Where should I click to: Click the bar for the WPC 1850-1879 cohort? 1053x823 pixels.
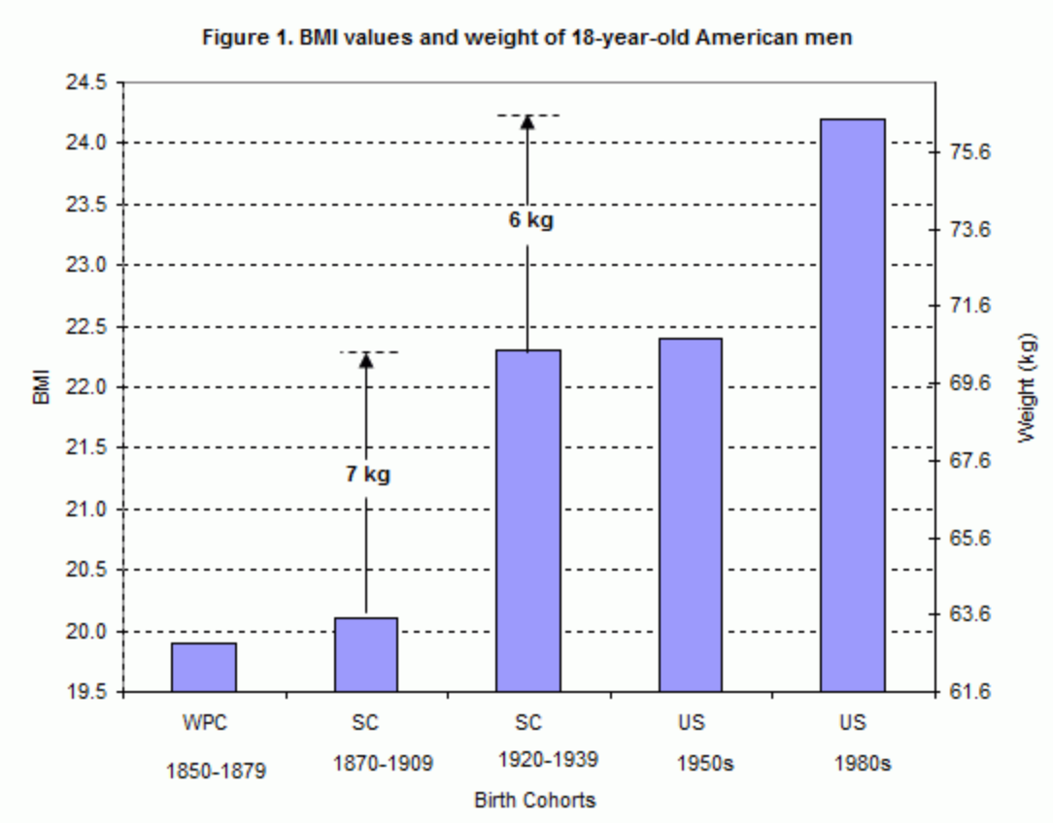coord(204,668)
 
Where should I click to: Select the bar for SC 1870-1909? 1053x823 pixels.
coord(366,655)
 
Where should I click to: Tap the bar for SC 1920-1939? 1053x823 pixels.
coord(528,521)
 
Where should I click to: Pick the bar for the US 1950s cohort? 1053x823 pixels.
coord(690,515)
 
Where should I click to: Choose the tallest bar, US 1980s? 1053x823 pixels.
coord(852,406)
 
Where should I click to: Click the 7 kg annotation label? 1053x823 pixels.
coord(368,476)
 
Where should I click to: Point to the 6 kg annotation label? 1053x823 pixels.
coord(530,220)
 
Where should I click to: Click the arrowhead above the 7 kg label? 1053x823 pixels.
coord(366,360)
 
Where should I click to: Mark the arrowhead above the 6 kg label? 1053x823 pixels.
coord(527,121)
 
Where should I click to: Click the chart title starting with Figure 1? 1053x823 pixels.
coord(526,38)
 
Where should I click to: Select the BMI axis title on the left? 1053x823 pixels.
coord(42,386)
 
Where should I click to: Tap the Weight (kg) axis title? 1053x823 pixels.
coord(1027,388)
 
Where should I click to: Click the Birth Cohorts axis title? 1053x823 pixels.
coord(534,801)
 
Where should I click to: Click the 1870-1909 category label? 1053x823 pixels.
coord(366,763)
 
